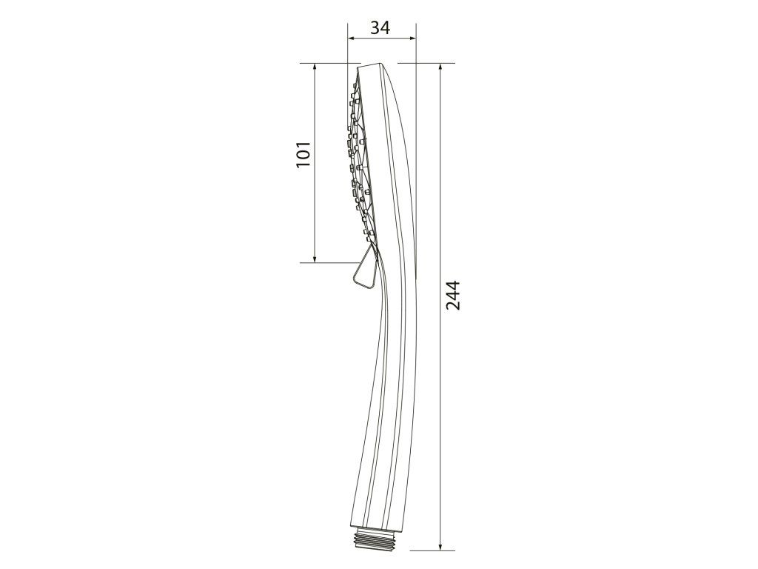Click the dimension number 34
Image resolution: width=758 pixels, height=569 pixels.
pos(380,28)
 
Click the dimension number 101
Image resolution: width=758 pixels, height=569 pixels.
pos(303,155)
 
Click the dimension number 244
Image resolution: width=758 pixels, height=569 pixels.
pos(453,295)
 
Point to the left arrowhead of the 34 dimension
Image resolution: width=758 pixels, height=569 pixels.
pos(352,39)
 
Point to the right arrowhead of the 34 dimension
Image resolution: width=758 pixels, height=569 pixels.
pos(412,39)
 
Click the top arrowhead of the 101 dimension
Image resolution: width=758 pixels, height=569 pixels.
pos(315,67)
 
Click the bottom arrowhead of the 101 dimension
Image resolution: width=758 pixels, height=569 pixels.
pos(315,258)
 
